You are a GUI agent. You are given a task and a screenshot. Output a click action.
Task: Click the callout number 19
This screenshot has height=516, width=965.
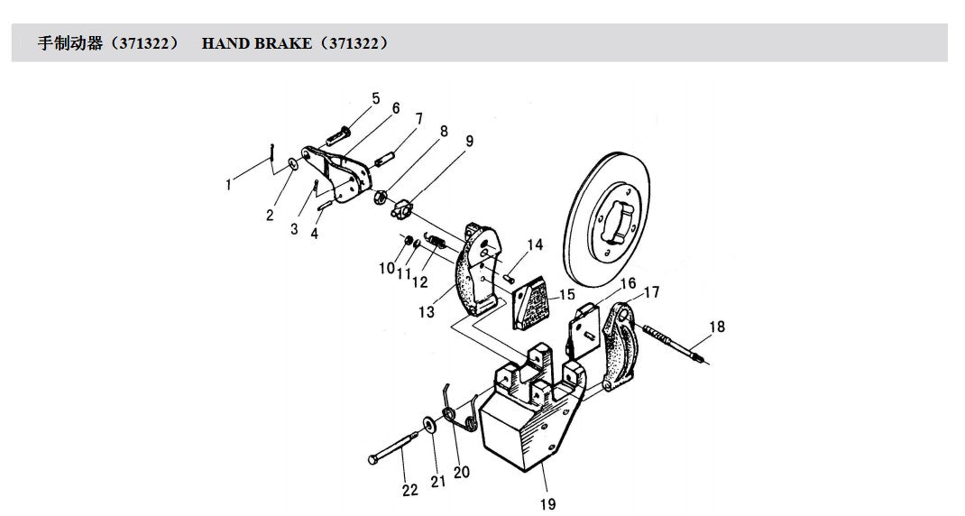pyautogui.click(x=547, y=504)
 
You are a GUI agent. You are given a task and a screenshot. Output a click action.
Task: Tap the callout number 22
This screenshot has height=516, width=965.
pyautogui.click(x=409, y=490)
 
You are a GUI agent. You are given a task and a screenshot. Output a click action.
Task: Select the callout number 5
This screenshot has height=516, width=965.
pyautogui.click(x=375, y=98)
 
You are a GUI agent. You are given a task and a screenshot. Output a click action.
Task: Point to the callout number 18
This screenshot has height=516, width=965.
pyautogui.click(x=717, y=327)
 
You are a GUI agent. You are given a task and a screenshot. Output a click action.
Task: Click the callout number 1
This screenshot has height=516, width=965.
pyautogui.click(x=229, y=184)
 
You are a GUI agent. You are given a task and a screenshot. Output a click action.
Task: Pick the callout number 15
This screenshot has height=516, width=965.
pyautogui.click(x=566, y=295)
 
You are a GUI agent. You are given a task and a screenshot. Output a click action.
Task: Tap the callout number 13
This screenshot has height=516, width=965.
pyautogui.click(x=427, y=312)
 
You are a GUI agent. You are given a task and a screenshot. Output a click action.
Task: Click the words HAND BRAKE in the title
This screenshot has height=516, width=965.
pyautogui.click(x=256, y=43)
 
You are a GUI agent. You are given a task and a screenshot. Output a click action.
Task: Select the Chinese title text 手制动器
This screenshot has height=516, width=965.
pyautogui.click(x=70, y=43)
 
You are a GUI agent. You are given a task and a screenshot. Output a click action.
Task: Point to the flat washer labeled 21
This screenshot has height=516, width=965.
pyautogui.click(x=428, y=424)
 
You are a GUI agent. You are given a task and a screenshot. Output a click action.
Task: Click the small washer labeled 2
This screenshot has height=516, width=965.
pyautogui.click(x=292, y=164)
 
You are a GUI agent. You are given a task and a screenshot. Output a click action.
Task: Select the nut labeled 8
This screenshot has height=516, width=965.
pyautogui.click(x=381, y=197)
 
